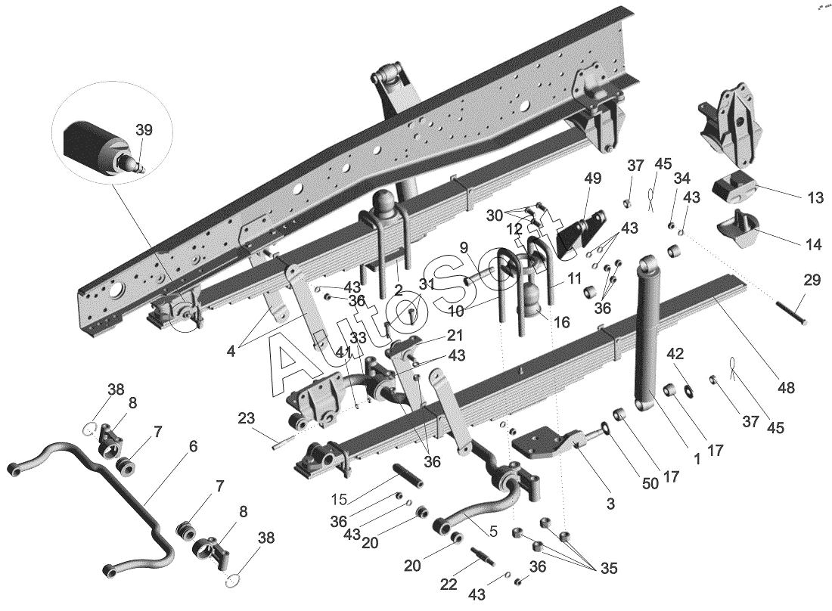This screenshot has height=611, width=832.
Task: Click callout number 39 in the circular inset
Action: pos(144,130)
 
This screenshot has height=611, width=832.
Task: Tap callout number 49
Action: pos(593,179)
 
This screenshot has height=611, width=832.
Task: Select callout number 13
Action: pos(815,198)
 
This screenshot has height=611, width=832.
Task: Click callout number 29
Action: pos(812,280)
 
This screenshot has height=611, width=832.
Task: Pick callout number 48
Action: pos(787,388)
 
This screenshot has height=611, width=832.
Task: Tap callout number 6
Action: pos(193,446)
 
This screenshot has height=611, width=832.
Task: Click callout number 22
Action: pos(449,584)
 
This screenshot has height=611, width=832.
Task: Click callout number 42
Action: pos(675,354)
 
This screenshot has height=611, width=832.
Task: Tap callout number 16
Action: pos(560,322)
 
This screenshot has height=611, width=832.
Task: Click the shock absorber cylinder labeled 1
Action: pos(647,333)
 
